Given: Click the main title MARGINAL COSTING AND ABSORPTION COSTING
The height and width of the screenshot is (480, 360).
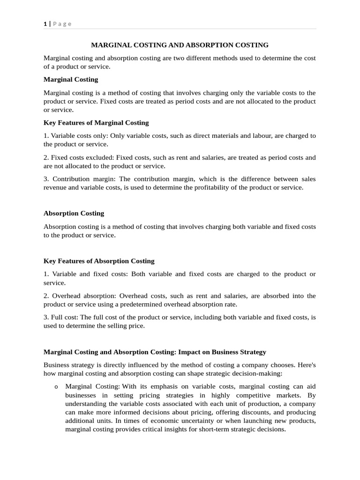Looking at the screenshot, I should coord(180,45).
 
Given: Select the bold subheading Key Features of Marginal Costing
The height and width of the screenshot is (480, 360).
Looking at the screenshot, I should coord(96,123).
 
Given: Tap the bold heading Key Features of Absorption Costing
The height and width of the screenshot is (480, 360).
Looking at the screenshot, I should coord(99,261).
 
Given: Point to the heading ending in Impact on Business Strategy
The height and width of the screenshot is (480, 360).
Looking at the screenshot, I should coord(155,352).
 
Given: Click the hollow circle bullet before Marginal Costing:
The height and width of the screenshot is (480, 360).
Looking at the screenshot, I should coord(56,387).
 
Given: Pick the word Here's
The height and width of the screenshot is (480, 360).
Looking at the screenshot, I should coord(305,365).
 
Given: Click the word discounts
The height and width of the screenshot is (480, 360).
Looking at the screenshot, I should coord(233,412).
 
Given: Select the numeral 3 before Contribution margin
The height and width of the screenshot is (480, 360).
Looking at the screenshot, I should coord(45,179).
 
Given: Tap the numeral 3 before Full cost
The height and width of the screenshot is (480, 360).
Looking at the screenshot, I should coord(45,317).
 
